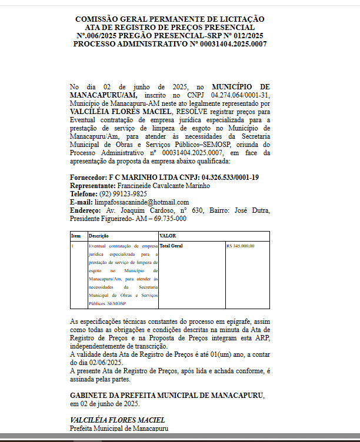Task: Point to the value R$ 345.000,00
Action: click(240, 246)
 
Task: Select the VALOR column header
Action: click(168, 236)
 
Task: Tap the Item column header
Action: click(76, 236)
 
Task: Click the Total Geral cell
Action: click(171, 246)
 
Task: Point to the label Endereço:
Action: click(86, 210)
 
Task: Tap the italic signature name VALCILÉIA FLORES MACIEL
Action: click(118, 420)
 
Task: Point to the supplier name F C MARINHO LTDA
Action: click(139, 177)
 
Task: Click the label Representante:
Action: click(93, 185)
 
